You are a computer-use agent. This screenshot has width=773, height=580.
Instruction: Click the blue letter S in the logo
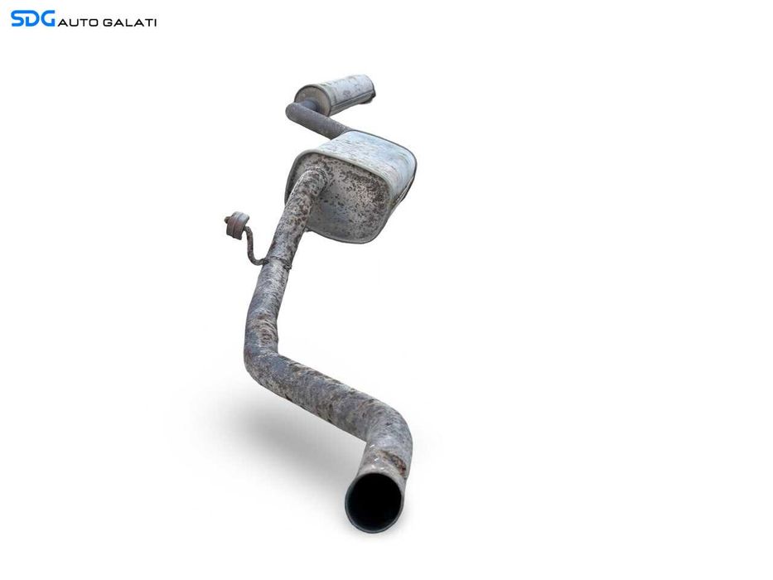click(x=17, y=19)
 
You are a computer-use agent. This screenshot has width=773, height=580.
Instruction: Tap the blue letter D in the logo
click(x=32, y=19)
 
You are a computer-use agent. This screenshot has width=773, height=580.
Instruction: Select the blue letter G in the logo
click(x=48, y=19)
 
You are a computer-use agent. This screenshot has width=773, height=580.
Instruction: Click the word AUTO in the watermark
click(x=78, y=22)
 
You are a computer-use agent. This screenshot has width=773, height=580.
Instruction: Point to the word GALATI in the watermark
click(x=129, y=22)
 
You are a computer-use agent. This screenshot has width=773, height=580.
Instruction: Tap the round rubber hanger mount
click(x=237, y=224)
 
